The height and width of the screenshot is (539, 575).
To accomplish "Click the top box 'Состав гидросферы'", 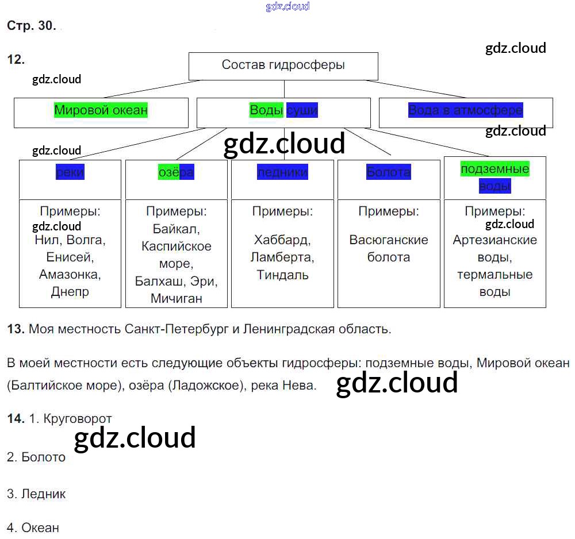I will point(283,65).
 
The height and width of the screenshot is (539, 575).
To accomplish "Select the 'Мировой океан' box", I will point(101,110).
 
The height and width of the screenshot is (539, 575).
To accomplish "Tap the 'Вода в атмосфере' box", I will point(465,110).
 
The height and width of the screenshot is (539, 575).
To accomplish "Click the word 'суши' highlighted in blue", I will point(302,110).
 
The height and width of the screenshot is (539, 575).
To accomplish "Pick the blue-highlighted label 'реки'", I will point(70,172).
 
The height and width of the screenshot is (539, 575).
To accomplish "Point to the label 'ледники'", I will point(282,172).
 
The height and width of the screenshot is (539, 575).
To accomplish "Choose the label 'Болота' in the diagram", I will point(389,172).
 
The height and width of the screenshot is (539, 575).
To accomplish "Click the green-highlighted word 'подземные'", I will point(494,169).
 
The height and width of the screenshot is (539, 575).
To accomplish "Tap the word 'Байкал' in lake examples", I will point(176,229).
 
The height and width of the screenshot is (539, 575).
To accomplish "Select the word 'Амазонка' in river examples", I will point(70,274).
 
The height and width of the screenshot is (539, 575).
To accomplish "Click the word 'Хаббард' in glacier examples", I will point(282,240).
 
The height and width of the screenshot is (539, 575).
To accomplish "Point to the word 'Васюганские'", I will point(389,240).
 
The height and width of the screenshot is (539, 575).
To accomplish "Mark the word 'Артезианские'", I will point(494,240).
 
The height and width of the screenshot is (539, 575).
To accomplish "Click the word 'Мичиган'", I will point(177,298).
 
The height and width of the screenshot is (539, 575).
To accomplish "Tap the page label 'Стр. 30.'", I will point(31,26).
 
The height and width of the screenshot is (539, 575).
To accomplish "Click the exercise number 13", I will point(15,329).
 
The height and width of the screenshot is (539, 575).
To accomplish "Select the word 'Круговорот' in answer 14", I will point(78,419).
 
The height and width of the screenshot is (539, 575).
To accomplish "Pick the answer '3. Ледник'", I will point(37,494).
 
